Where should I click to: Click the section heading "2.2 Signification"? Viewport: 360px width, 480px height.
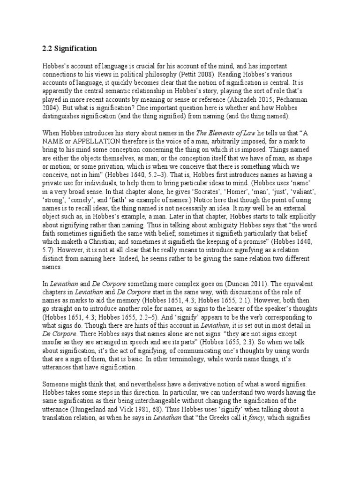coord(69,48)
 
